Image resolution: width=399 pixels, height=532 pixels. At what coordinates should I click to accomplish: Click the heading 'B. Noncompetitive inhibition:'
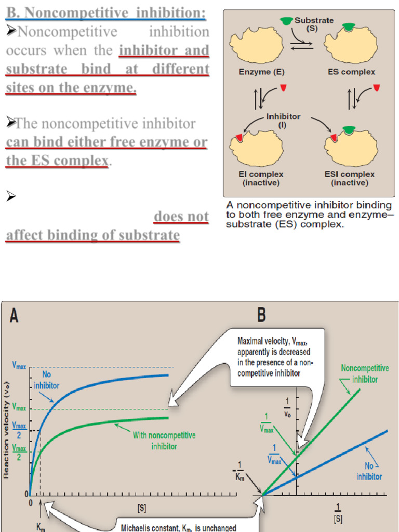(105, 12)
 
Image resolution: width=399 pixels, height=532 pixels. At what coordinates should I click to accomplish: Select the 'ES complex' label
(351, 72)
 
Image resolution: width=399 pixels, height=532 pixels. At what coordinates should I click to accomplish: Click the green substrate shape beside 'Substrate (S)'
(286, 21)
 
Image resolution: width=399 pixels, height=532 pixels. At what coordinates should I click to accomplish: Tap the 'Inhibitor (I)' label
(283, 120)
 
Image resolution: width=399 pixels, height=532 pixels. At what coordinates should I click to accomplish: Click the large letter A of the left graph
(14, 315)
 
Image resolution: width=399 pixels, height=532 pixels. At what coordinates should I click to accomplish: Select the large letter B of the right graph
(262, 315)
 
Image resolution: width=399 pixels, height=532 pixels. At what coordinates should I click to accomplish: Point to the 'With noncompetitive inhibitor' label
(164, 441)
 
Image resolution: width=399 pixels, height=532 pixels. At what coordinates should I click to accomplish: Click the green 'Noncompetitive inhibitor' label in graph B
(365, 373)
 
